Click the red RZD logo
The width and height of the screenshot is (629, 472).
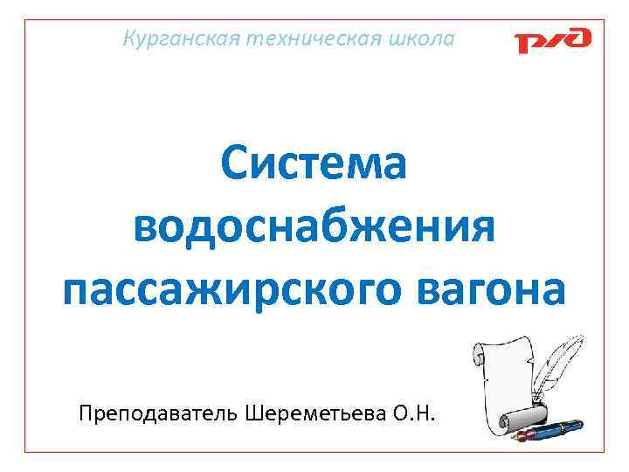552,40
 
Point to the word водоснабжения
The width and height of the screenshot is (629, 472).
314,227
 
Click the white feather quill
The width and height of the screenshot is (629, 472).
559,358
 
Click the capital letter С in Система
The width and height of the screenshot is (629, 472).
237,163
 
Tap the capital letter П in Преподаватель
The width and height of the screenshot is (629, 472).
85,411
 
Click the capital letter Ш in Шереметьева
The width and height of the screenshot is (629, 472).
246,411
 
